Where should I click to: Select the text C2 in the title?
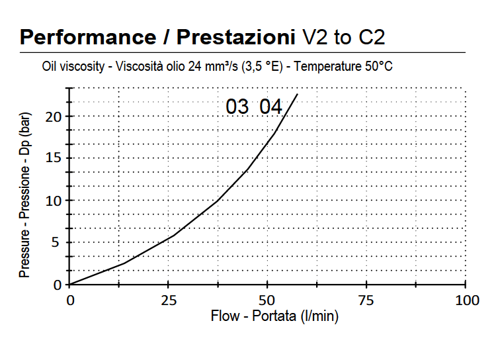point(372,37)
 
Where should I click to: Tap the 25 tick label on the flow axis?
point(168,300)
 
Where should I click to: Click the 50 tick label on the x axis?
point(267,300)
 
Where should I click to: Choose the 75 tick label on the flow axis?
point(366,300)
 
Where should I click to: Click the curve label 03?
point(237,107)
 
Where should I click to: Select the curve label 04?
point(270,107)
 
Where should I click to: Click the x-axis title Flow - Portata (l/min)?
point(274,316)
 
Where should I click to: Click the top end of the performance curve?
point(298,95)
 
